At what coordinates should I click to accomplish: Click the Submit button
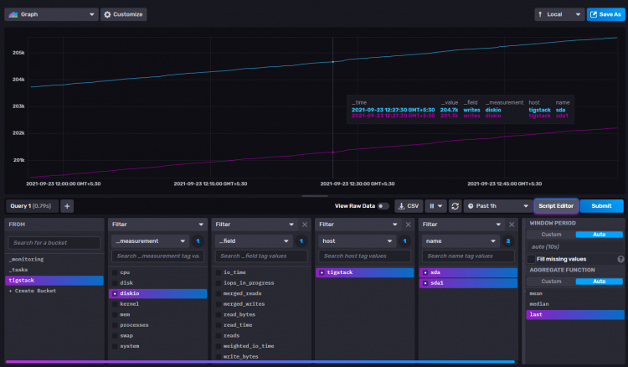[x=601, y=206]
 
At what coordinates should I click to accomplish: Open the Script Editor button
[x=555, y=206]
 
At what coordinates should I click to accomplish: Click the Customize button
[x=124, y=14]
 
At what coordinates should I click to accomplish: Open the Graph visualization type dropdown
[x=51, y=14]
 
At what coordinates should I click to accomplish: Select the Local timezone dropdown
[x=559, y=14]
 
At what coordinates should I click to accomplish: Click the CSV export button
[x=409, y=206]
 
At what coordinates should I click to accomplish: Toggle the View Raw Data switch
[x=383, y=206]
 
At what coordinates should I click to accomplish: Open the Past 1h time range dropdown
[x=497, y=206]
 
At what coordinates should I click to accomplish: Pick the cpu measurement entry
[x=126, y=272]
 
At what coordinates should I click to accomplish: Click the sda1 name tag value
[x=439, y=283]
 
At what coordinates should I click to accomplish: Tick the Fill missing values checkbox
[x=532, y=259]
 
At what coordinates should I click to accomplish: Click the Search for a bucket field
[x=54, y=242]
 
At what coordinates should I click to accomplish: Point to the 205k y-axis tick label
[x=18, y=53]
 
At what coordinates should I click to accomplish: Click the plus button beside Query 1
[x=67, y=206]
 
